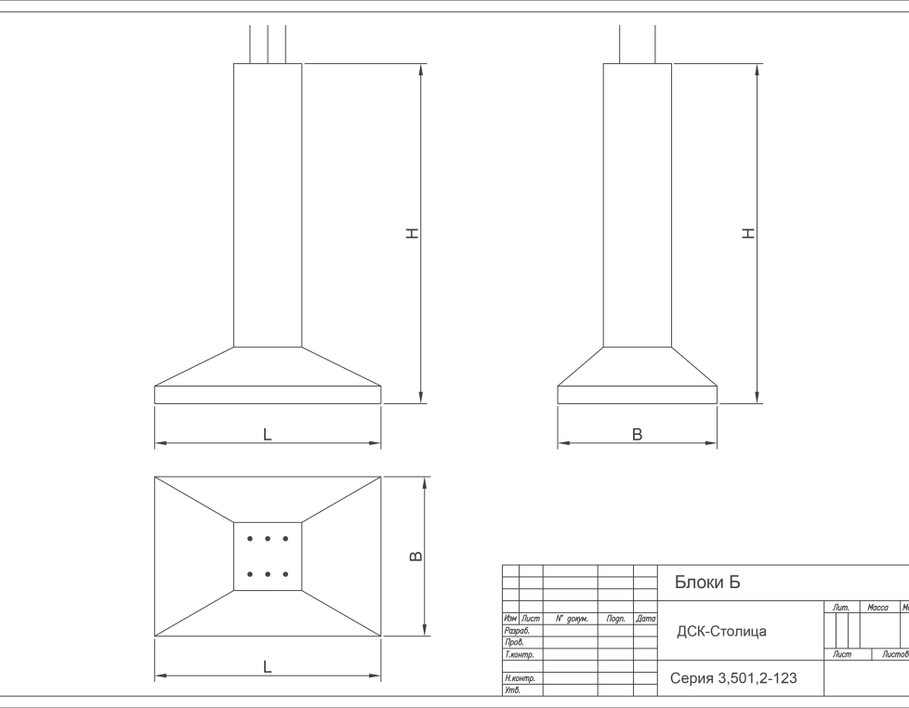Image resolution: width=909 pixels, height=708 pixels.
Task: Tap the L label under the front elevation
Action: coord(268,434)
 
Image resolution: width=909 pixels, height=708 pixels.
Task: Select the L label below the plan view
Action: coord(268,665)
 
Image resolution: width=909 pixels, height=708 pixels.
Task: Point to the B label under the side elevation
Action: coord(638,434)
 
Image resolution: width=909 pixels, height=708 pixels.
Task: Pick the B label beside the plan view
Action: coord(416,557)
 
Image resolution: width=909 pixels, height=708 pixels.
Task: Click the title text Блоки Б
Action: coord(707,583)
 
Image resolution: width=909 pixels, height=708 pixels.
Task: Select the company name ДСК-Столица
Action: coord(721,632)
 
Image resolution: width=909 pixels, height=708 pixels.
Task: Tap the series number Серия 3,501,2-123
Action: coord(733,678)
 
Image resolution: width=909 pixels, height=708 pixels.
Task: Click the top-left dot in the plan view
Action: coord(249,539)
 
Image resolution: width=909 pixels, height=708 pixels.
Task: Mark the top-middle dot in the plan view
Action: coord(268,539)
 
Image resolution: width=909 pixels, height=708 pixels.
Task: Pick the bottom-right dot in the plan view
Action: coord(285,574)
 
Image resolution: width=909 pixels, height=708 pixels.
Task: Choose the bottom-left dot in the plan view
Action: coord(249,574)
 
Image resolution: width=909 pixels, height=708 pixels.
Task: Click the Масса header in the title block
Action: coord(876,608)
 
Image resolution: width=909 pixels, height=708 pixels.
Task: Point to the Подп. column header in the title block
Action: coord(614,618)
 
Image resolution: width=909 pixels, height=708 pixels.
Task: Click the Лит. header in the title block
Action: coord(841,608)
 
